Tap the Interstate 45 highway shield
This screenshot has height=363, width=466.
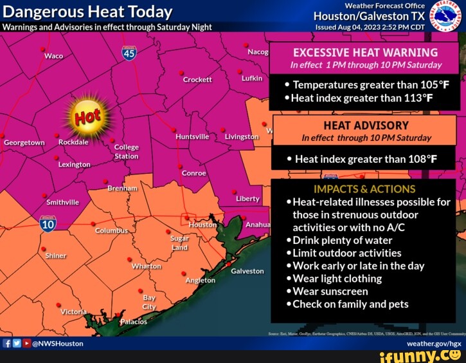click(x=129, y=55)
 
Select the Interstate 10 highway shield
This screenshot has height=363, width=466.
click(x=48, y=223)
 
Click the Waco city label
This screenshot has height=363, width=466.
click(x=53, y=56)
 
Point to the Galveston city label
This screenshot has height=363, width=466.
click(x=247, y=271)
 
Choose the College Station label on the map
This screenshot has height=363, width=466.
click(x=126, y=151)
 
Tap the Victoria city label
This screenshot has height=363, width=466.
click(x=73, y=312)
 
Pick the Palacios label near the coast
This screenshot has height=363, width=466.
click(x=134, y=322)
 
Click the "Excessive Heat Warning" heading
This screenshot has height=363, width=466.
click(x=365, y=53)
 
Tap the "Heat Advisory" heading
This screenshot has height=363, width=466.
click(x=366, y=126)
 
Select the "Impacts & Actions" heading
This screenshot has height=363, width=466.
click(x=364, y=189)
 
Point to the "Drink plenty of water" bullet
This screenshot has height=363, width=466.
click(x=344, y=240)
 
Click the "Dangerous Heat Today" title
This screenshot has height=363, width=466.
click(x=88, y=12)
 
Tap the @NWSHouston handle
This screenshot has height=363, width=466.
click(x=57, y=343)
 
